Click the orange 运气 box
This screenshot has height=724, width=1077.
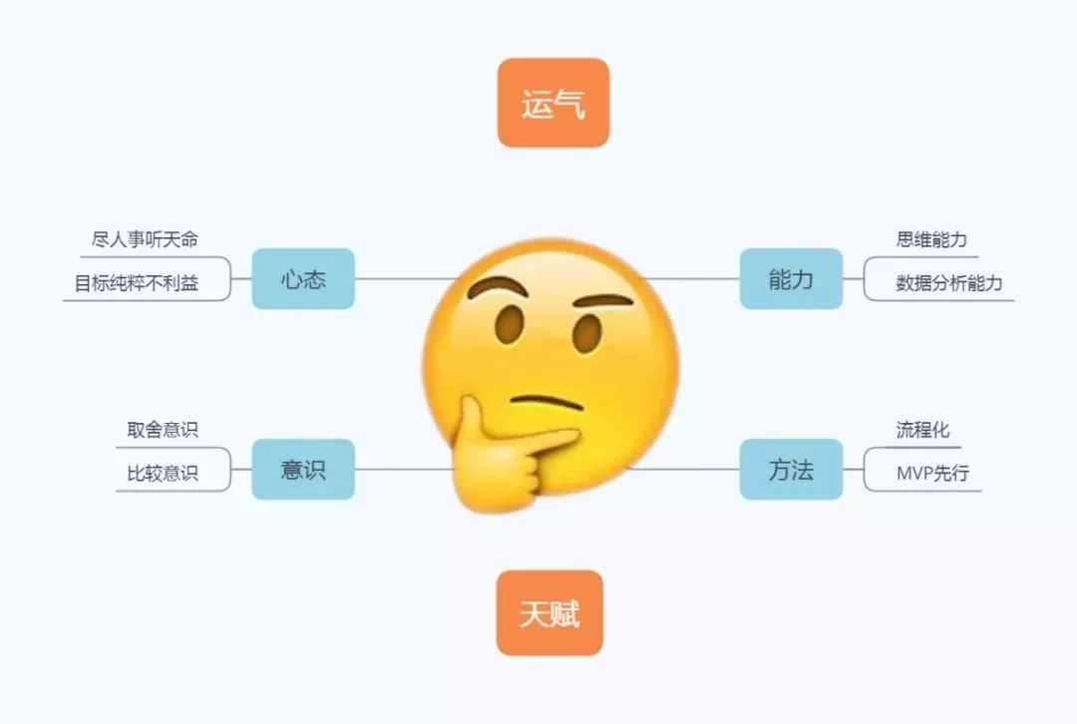552,103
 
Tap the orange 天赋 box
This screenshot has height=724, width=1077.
549,612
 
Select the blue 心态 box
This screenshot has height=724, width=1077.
303,278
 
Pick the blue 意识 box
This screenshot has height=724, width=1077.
303,469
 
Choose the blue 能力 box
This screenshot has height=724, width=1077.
791,278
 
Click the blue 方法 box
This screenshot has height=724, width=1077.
791,469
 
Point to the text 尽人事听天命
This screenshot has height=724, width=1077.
145,239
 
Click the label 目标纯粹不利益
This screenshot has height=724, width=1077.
137,283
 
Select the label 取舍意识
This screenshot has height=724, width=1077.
163,430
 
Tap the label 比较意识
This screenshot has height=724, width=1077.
163,474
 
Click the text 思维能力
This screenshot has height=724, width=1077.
931,239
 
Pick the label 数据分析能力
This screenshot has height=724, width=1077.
948,283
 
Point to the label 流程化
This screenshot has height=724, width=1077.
922,430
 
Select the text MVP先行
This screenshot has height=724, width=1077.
931,474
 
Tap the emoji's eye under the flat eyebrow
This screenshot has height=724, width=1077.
587,334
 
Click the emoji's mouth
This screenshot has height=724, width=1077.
545,402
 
